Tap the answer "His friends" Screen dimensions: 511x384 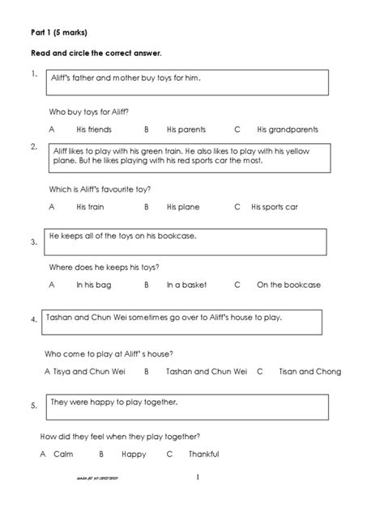[94, 129]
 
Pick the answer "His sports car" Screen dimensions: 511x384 [275, 207]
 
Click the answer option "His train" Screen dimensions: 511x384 [90, 207]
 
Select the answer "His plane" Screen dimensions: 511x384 [183, 207]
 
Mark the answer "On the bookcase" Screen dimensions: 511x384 [288, 285]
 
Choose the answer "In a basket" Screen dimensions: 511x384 [186, 285]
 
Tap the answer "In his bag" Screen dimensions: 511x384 [92, 285]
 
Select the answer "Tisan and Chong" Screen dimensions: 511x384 [309, 371]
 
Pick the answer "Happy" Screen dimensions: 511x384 [134, 454]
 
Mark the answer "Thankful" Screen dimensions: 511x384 [203, 454]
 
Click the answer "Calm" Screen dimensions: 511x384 [63, 454]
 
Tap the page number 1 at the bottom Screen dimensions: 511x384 [197, 477]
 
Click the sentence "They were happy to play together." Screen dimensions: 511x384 [114, 401]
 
